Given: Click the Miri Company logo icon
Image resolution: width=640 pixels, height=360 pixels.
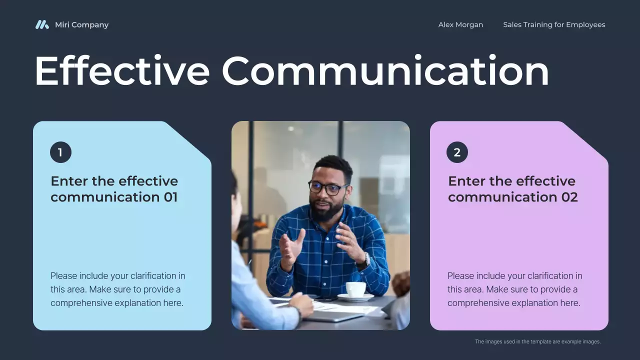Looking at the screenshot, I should click(x=42, y=24).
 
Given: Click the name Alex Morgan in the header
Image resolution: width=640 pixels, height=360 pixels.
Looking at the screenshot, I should click(x=460, y=24).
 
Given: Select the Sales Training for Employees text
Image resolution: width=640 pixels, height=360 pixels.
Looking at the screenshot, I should click(x=554, y=24).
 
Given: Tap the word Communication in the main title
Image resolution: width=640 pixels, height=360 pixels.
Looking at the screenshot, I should click(x=385, y=71).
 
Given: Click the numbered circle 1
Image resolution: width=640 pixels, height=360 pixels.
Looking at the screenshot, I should click(x=60, y=152).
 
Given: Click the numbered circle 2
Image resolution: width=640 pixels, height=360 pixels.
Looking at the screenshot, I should click(x=457, y=152).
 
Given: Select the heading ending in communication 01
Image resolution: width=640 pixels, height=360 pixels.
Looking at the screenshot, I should click(x=114, y=188).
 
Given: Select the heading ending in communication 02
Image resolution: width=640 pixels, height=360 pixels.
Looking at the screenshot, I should click(x=512, y=188).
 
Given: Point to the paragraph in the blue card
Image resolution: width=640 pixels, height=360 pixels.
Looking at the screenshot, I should click(x=117, y=289).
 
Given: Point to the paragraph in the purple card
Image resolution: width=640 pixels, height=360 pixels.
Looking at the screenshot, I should click(x=514, y=289).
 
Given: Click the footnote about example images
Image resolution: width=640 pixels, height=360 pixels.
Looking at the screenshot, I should click(x=537, y=342).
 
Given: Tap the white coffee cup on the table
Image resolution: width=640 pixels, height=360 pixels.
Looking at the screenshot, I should click(x=355, y=289).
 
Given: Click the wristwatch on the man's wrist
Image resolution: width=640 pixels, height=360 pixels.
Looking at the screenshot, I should click(x=366, y=259).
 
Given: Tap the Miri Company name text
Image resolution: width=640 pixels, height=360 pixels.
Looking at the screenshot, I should click(x=81, y=24).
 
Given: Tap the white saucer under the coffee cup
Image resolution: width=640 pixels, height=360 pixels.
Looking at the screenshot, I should click(x=355, y=297).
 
